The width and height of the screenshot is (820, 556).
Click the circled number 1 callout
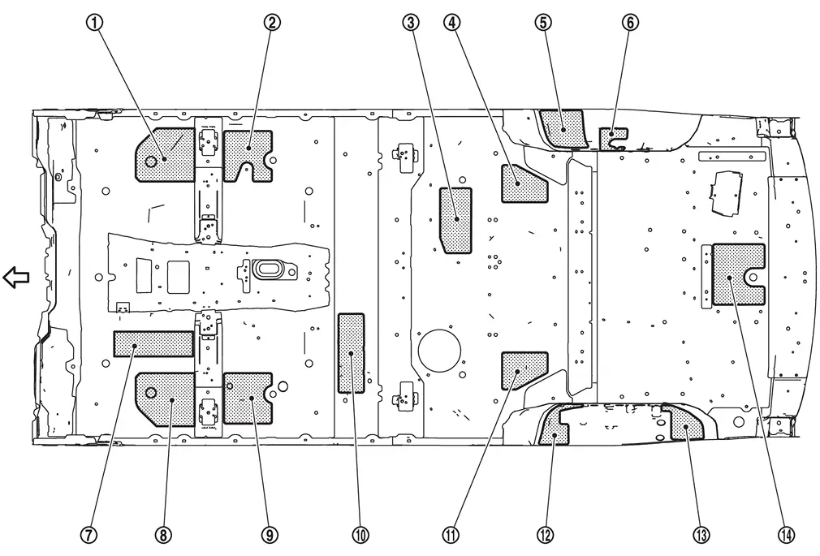(x=95, y=23)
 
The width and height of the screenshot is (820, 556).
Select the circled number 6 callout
(x=630, y=23)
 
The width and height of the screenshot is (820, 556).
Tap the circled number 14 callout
(x=787, y=535)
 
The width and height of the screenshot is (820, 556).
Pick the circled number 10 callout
(x=360, y=535)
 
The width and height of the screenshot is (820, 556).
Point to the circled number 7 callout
(x=88, y=535)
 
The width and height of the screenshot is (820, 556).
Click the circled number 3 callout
(x=411, y=23)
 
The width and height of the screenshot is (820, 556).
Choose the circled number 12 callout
(x=544, y=535)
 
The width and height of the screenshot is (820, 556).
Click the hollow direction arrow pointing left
(x=16, y=278)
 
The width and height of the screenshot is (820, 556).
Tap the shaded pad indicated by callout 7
(x=153, y=343)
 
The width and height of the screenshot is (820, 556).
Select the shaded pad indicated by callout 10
(x=351, y=353)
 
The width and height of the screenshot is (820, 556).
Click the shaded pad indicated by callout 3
(x=455, y=221)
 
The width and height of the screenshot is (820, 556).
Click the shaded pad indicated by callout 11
(x=523, y=369)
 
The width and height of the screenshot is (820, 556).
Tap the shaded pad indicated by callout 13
(x=686, y=423)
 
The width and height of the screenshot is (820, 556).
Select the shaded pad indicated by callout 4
(x=523, y=184)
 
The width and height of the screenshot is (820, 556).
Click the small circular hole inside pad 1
(x=151, y=161)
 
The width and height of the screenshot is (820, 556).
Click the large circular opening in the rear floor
(x=439, y=351)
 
